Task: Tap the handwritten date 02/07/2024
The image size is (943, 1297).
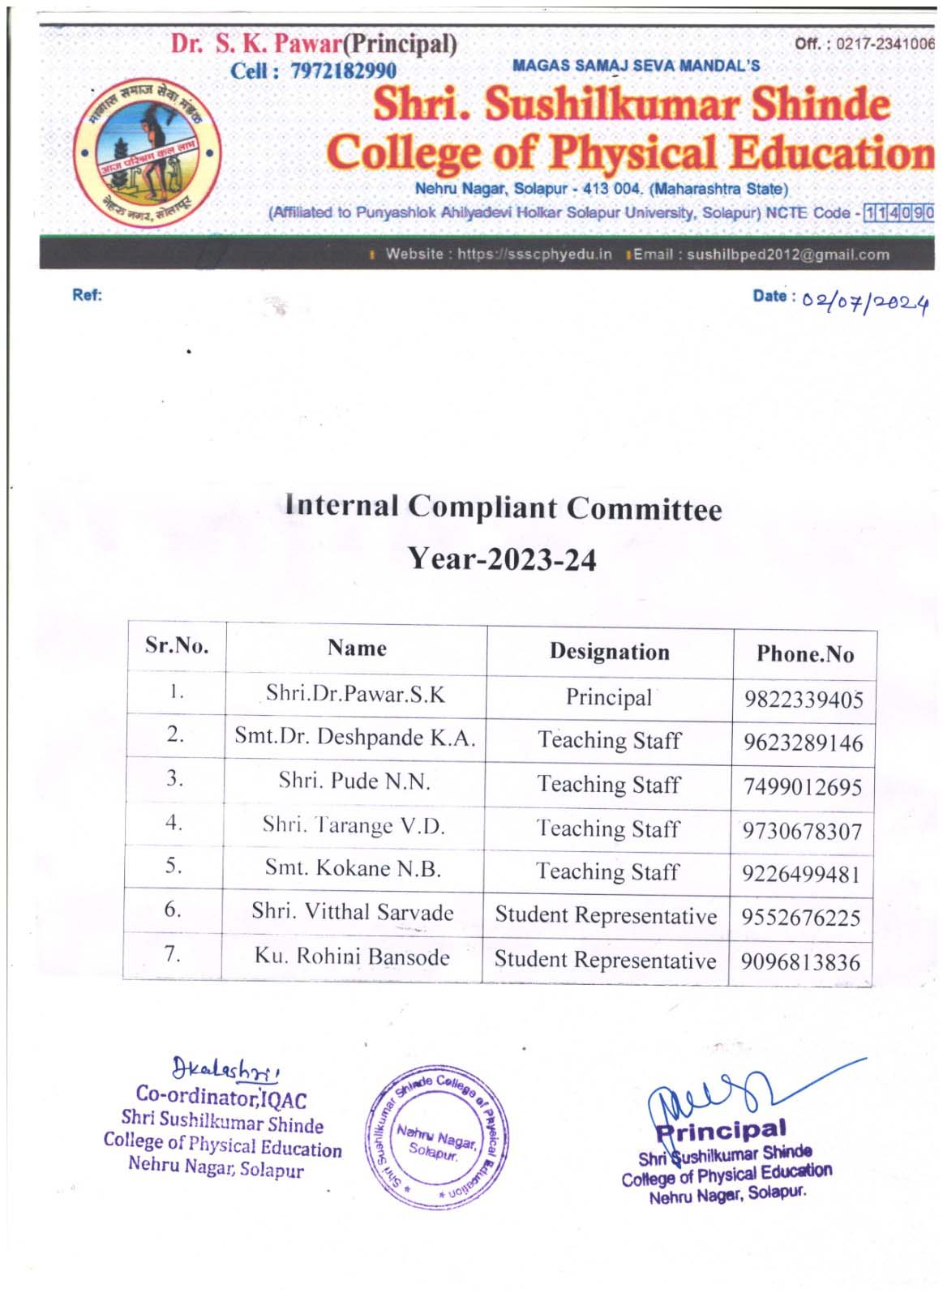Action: pos(864,303)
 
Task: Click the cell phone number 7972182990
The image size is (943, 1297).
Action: pos(343,71)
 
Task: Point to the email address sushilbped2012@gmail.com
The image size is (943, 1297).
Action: pos(787,255)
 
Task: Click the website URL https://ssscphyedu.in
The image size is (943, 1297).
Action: pos(534,255)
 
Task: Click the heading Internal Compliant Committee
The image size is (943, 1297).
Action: pos(503,507)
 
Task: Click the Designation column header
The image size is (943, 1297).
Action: pos(609,652)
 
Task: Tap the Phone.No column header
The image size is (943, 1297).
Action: pos(804,654)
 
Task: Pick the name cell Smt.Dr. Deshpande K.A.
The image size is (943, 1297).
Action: pos(355,737)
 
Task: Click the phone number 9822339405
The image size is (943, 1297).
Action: pos(804,700)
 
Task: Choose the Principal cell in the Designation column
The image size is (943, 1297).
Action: pos(608,697)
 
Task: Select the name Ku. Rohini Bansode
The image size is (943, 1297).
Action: pos(352,957)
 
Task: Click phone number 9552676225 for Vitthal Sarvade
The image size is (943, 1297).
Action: pos(800,918)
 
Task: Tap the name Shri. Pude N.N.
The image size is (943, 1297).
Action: pos(354,781)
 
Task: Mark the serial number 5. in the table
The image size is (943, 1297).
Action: pos(174,866)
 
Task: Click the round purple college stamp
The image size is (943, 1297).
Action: pos(437,1136)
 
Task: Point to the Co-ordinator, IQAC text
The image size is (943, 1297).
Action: pos(221,1098)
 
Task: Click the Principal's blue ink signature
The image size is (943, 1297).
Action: pos(730,1094)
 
